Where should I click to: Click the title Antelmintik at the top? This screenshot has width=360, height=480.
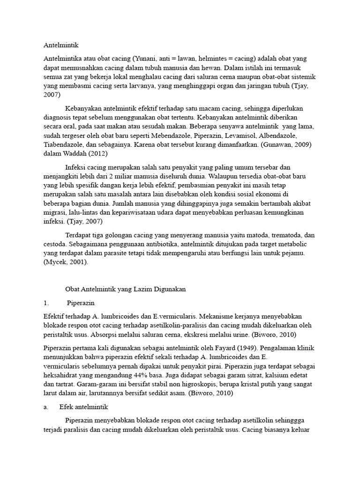click(61, 45)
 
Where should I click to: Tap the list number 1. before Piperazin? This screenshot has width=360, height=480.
click(46, 303)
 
